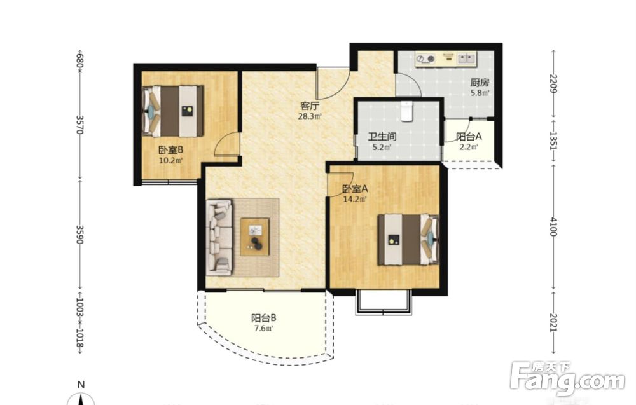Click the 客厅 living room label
point(310,106)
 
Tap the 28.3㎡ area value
point(310,117)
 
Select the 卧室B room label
point(170,150)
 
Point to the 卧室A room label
point(355,189)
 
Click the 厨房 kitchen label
point(480,83)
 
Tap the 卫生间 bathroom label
point(382,137)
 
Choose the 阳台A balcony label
point(469,137)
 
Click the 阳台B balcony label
point(264,319)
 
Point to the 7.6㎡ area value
point(264,328)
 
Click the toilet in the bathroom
point(406,111)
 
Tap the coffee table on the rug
point(255,237)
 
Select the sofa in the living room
point(220,237)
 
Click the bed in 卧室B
point(173,111)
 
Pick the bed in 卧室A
point(408,240)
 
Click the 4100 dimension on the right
point(554,227)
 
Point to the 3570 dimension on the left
point(80,125)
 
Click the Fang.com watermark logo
point(567,379)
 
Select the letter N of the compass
point(81,385)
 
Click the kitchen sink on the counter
point(467,58)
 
